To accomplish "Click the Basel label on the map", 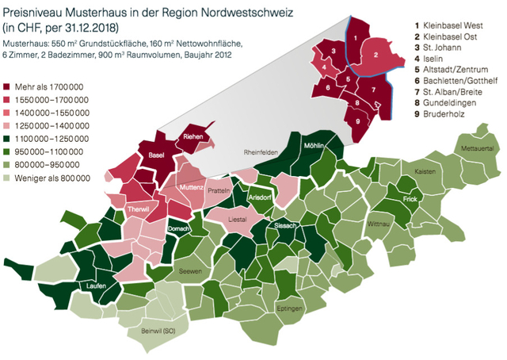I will [x=156, y=155].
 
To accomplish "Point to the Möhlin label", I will [x=314, y=146].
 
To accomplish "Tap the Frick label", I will [x=410, y=200].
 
